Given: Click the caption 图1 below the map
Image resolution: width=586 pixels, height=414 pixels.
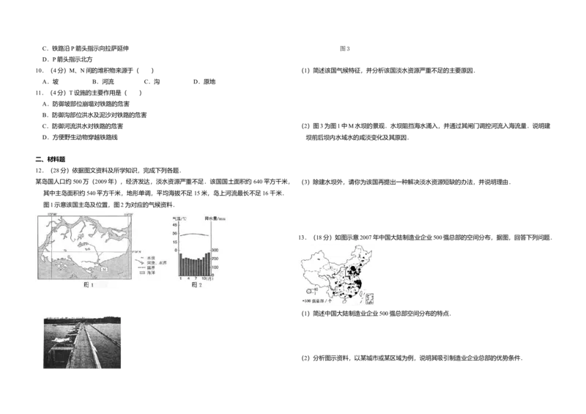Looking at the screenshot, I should pyautogui.click(x=89, y=285).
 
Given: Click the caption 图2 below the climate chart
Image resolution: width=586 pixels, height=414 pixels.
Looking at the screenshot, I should pyautogui.click(x=196, y=285).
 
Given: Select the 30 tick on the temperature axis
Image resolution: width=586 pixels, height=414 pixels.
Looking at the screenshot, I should pyautogui.click(x=174, y=233).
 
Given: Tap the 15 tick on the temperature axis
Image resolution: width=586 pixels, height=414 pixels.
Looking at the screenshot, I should pyautogui.click(x=174, y=242).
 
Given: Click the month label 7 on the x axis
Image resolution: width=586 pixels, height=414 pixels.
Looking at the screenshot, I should pyautogui.click(x=196, y=278).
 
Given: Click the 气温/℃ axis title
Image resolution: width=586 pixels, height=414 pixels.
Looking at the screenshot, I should pyautogui.click(x=179, y=218).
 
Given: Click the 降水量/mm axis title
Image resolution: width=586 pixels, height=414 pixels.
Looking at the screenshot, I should pyautogui.click(x=218, y=218).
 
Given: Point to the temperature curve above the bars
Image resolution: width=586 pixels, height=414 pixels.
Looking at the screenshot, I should pyautogui.click(x=195, y=234).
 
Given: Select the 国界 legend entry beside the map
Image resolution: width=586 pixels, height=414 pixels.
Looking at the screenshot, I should pyautogui.click(x=150, y=267).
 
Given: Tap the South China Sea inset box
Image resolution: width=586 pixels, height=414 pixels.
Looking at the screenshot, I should pyautogui.click(x=369, y=298).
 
